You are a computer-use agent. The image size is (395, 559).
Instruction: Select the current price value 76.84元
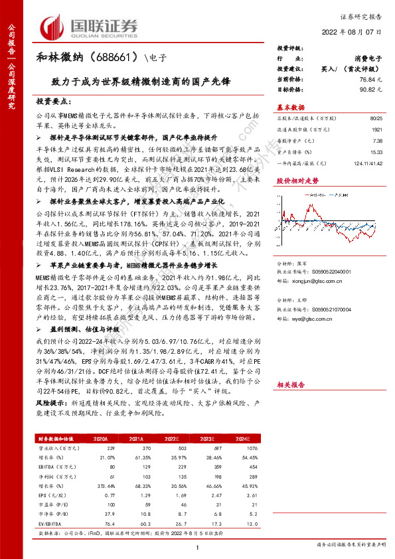tap(368, 79)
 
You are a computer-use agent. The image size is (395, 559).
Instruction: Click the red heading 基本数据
tap(289, 108)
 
